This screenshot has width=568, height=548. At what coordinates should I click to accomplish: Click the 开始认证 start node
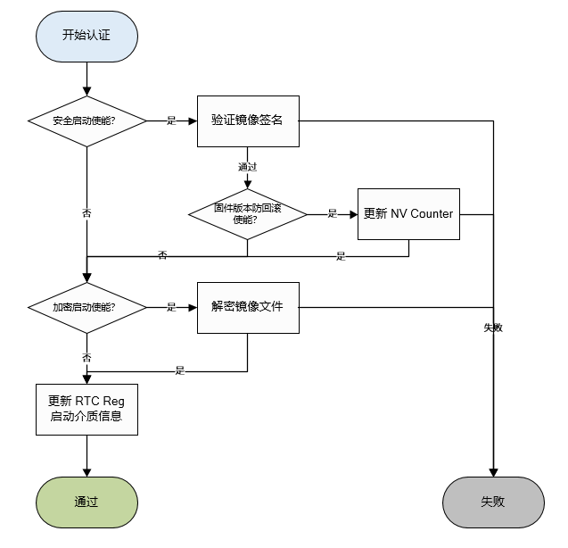pos(86,35)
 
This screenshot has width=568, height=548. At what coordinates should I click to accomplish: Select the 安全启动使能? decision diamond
pos(86,120)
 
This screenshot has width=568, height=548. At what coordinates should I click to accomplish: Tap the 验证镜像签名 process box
pos(247,120)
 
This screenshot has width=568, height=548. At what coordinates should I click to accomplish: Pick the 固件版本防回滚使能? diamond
pos(247,214)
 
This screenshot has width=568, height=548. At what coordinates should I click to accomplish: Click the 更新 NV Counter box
pos(408,214)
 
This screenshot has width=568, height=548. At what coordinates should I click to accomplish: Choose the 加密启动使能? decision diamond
pos(86,308)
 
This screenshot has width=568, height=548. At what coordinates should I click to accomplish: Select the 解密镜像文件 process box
pos(247,307)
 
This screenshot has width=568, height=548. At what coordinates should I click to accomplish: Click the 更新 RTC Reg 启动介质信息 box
pos(86,409)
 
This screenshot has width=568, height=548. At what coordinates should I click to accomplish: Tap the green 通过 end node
pos(86,502)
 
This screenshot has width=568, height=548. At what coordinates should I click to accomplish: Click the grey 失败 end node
pos(492,502)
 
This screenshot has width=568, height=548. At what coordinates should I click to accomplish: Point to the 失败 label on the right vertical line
pos(492,328)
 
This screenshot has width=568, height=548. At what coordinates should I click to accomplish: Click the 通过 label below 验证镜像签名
pos(247,167)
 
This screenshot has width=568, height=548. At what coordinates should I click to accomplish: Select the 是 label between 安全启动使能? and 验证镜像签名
pos(171,120)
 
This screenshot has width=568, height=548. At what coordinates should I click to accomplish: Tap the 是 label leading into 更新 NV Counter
pos(332,214)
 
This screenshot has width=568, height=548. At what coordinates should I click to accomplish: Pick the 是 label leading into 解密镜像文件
pos(171,308)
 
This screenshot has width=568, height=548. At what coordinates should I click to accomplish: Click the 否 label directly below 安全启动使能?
pos(86,214)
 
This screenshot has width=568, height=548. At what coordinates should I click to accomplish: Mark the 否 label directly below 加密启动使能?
pos(86,357)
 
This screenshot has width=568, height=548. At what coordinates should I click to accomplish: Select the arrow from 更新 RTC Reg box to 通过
pos(86,456)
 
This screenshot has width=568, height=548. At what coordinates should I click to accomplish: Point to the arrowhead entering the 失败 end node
pos(492,471)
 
